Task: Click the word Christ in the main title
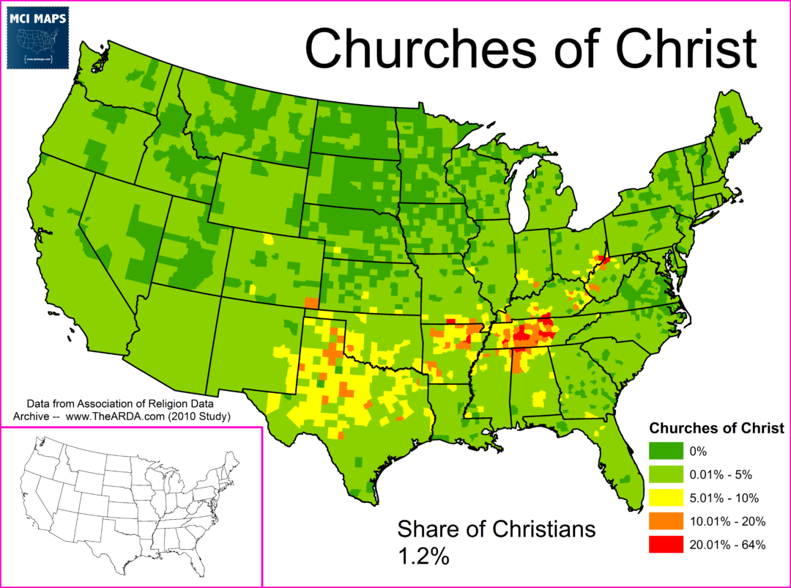pos(682,48)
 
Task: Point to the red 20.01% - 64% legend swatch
pos(664,544)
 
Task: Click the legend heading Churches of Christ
pos(717,427)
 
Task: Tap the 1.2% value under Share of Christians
pos(423,555)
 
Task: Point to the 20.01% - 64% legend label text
pos(729,544)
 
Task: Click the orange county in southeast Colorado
pos(311,302)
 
